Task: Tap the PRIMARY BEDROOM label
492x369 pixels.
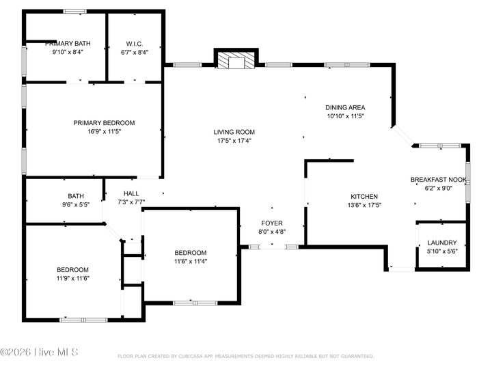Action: [104, 123]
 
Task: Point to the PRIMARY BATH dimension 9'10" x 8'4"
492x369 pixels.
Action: [66, 51]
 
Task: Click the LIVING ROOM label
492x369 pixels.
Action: [234, 132]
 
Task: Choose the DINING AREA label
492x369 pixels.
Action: [345, 107]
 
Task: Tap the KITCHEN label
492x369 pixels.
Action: [364, 196]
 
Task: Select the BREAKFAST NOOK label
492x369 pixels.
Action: [438, 180]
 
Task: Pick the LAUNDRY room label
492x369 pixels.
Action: [441, 243]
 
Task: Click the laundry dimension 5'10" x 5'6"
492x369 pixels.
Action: [441, 251]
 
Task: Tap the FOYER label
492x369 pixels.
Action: [272, 223]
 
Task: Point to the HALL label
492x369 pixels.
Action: [131, 193]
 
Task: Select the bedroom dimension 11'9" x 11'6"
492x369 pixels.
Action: [72, 278]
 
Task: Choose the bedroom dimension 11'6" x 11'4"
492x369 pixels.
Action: [191, 261]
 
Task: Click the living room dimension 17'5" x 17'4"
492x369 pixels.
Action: [234, 141]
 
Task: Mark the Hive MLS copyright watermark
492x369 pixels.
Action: [40, 353]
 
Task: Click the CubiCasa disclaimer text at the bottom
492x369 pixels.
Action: [245, 356]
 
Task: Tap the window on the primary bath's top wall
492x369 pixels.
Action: [74, 11]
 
